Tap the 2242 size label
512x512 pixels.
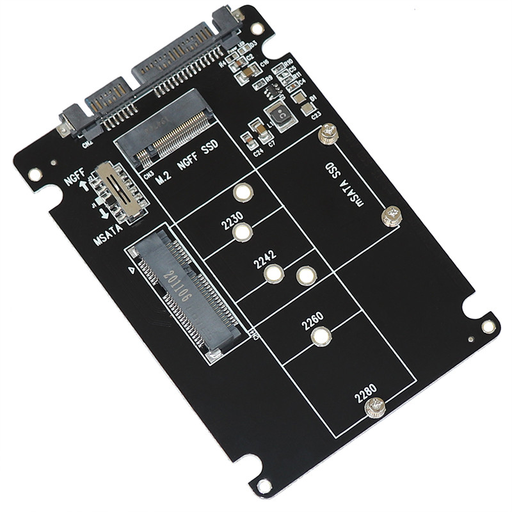click(264, 257)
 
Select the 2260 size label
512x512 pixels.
click(312, 320)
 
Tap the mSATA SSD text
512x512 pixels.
click(344, 184)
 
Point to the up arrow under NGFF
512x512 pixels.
click(85, 189)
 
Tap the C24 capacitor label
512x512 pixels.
click(258, 153)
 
